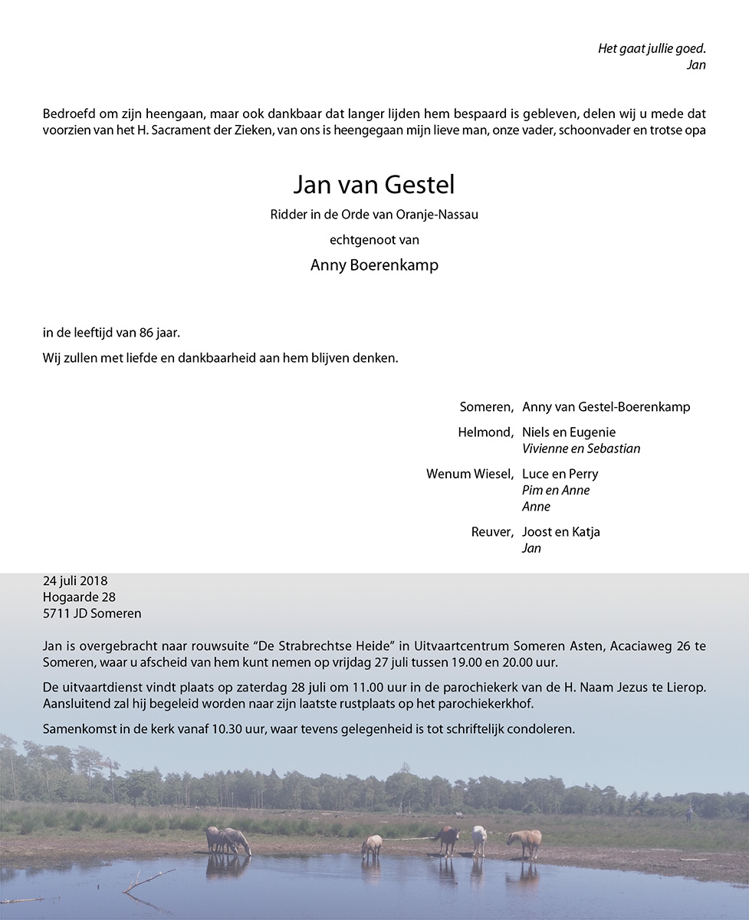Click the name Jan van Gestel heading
(x=374, y=185)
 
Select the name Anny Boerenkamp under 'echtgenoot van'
(x=374, y=265)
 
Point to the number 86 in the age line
(x=147, y=333)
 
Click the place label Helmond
(x=485, y=432)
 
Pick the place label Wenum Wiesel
(x=469, y=474)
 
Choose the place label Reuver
(x=491, y=532)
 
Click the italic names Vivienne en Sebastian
(x=580, y=449)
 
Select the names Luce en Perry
(x=560, y=474)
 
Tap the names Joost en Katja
(x=560, y=532)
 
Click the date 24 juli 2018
(x=75, y=580)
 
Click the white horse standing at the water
(x=479, y=839)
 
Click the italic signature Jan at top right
(x=695, y=65)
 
